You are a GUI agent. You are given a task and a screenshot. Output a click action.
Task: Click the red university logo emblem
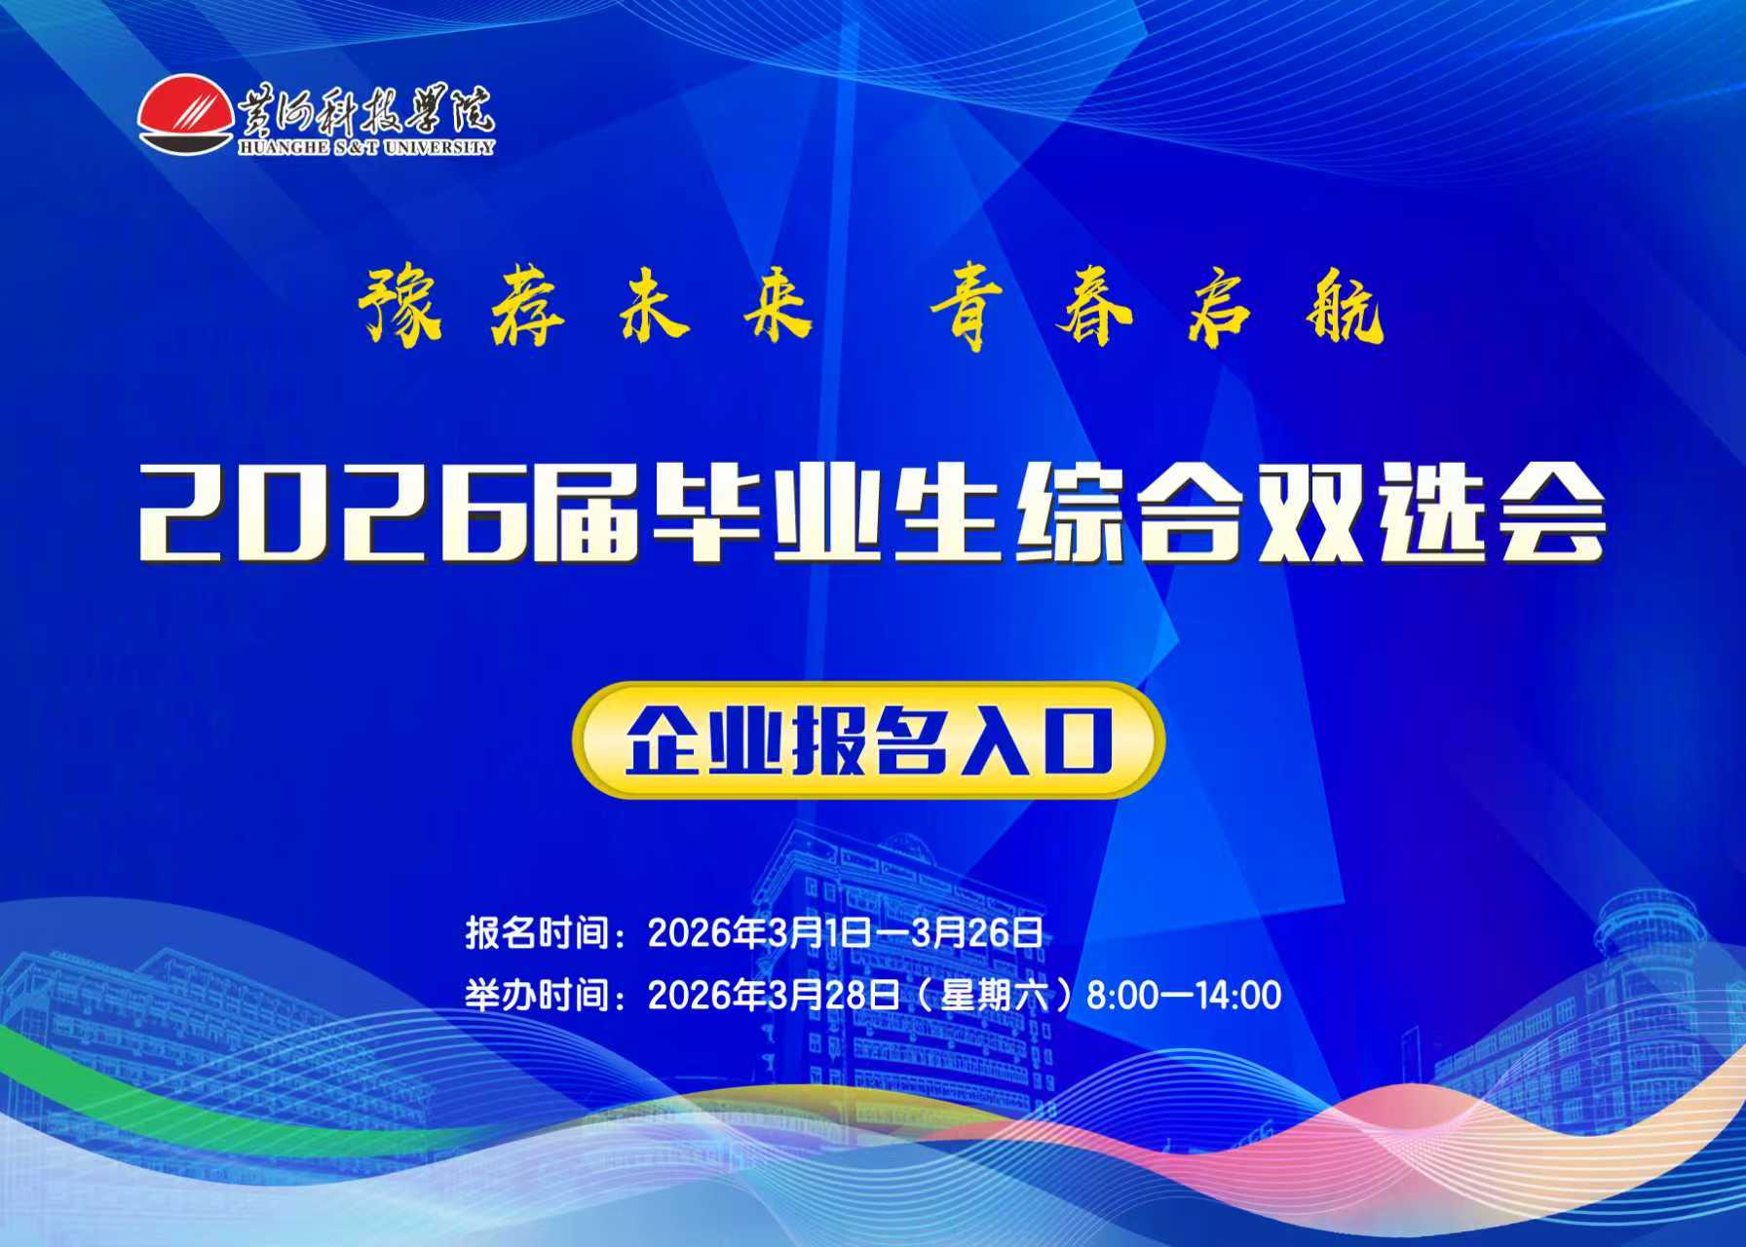point(185,113)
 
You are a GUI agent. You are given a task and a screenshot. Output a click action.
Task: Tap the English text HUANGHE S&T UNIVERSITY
point(365,147)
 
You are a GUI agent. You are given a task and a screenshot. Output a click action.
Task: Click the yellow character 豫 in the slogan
point(400,306)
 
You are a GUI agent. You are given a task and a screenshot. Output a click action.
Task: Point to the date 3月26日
point(976,933)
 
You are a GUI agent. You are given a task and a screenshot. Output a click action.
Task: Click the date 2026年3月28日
point(775,996)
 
